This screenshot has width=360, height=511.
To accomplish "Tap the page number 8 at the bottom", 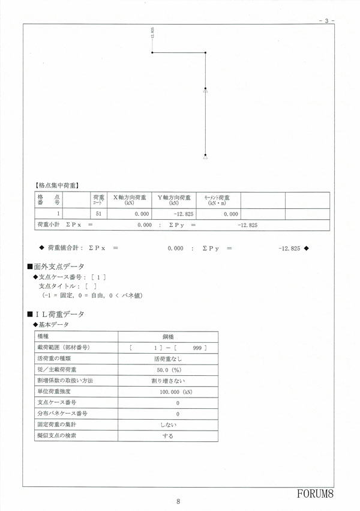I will click(179, 502).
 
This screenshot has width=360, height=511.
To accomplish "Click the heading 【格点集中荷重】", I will click(58, 186).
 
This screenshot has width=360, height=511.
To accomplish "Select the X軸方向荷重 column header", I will click(130, 200).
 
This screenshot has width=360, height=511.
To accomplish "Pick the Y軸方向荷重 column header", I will click(173, 200).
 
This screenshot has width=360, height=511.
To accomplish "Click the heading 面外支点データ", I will click(58, 266).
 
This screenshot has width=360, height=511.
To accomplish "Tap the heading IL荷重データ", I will click(58, 314).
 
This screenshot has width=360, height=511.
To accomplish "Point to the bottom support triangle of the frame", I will click(205, 157).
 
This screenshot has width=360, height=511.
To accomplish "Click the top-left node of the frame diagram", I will click(153, 53).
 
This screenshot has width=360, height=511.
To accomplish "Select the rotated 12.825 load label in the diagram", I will click(153, 34).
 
